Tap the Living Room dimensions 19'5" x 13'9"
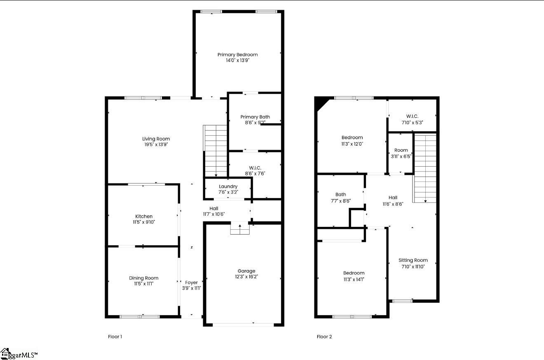156,145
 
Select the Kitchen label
144,216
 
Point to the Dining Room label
143,278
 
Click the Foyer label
191,282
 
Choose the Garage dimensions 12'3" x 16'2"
246,277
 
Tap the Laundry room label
228,187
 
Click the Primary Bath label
255,117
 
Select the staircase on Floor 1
216,151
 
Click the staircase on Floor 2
425,168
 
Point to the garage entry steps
240,229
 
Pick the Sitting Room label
413,260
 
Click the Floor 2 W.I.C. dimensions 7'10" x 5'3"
412,122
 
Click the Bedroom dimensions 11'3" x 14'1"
354,279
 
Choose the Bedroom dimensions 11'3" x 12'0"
352,144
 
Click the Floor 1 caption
115,337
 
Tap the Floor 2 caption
324,337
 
